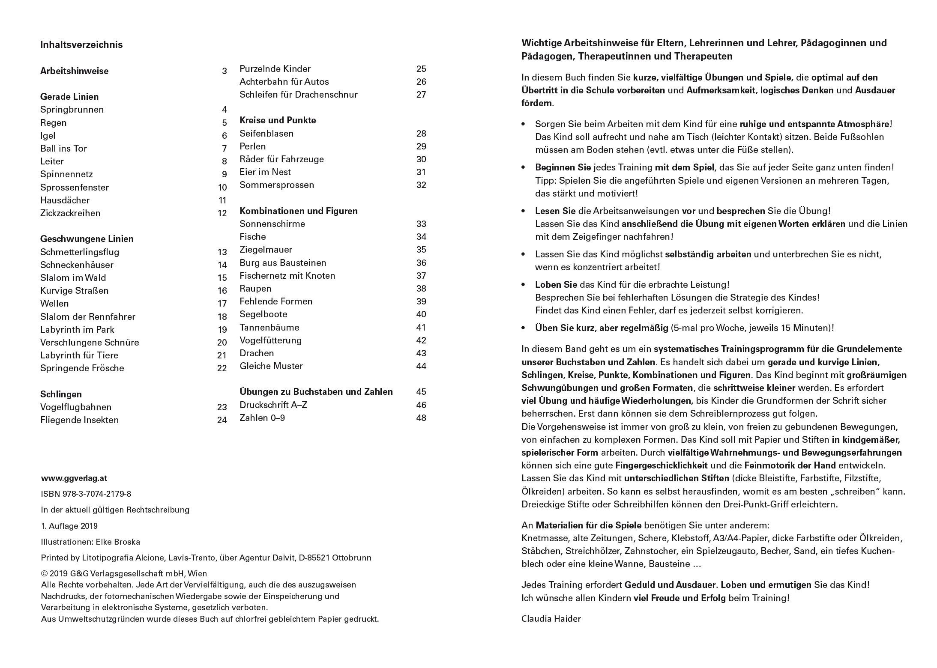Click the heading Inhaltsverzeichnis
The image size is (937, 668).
[x=81, y=45]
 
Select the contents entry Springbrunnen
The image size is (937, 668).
[x=72, y=110]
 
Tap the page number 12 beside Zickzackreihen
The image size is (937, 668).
[x=222, y=213]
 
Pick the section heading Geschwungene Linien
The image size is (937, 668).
[x=87, y=239]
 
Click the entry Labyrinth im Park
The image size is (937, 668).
[x=77, y=330]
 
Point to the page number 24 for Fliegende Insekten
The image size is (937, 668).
[x=222, y=420]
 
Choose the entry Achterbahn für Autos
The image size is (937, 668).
[x=284, y=82]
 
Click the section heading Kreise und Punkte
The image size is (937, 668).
[x=278, y=120]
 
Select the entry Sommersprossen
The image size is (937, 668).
[x=277, y=185]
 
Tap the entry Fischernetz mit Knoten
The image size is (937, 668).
[x=287, y=276]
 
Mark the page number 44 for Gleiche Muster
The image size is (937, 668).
[x=421, y=366]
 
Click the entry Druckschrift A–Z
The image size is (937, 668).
[x=273, y=405]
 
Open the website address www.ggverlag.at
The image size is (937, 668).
[x=74, y=478]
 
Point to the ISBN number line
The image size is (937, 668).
[x=86, y=494]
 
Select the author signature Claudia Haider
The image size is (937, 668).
[x=551, y=619]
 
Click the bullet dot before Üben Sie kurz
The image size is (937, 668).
[x=524, y=328]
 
